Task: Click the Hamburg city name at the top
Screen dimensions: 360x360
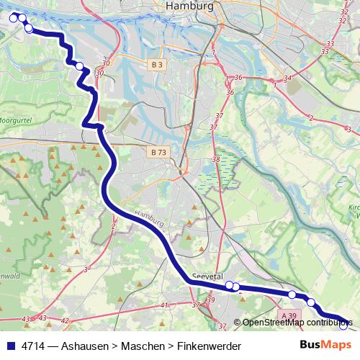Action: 189,6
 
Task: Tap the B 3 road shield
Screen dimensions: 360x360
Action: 158,65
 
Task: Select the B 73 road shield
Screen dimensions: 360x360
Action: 159,152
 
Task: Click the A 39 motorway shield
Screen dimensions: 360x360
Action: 289,315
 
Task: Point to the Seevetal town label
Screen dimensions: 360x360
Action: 209,276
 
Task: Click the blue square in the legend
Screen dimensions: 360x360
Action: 10,346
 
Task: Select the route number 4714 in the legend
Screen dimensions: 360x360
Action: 33,346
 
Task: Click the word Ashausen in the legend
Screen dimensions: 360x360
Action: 85,346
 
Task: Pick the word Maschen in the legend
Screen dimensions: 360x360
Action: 140,346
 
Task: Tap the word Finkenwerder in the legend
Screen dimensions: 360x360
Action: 205,346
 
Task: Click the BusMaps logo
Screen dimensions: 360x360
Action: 325,346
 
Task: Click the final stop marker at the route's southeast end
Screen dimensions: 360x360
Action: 343,325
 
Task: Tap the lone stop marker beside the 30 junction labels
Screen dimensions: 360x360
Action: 79,67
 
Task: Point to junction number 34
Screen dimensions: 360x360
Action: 288,78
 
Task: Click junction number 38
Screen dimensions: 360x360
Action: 216,160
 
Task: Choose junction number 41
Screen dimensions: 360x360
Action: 163,305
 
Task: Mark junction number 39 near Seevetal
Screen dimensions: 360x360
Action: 210,300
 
